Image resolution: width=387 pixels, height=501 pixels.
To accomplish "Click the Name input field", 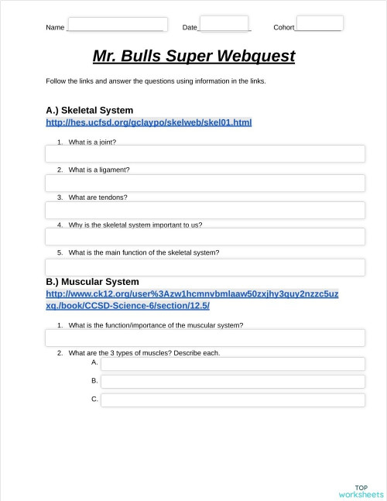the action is coord(117,24).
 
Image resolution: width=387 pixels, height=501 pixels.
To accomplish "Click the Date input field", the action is coord(224,23).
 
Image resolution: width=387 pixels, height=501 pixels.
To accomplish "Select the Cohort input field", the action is coord(319,23).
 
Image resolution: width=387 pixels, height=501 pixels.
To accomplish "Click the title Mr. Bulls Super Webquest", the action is coord(193,57).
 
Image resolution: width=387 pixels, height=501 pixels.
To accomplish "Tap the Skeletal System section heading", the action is coord(89,110).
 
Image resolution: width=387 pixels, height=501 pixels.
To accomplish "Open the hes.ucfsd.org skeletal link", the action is coord(149,122).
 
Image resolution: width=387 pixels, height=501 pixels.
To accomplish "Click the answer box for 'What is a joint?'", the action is coord(204,153).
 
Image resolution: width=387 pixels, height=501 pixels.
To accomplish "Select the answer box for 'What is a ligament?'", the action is coord(204,183).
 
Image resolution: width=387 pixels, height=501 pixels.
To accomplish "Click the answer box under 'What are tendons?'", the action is coord(204,210).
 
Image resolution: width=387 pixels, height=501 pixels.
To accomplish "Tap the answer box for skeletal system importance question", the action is coord(204,237).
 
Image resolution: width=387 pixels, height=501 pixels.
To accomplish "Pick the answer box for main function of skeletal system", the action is coord(204,267).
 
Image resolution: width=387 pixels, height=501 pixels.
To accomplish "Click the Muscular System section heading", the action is coord(92,282).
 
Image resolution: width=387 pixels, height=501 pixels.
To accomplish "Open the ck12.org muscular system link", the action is coord(192,300).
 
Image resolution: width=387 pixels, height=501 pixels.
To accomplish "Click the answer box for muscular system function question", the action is coord(204,338).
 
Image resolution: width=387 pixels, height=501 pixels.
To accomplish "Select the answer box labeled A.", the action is coord(232,363).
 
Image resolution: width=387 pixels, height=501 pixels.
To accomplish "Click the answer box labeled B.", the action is coord(232,381).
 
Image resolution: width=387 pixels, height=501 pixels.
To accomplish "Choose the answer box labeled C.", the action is coord(232,400).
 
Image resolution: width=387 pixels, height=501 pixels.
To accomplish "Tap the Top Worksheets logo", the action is coord(361,491).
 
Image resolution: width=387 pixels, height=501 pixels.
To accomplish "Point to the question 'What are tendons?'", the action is coord(98,197).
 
